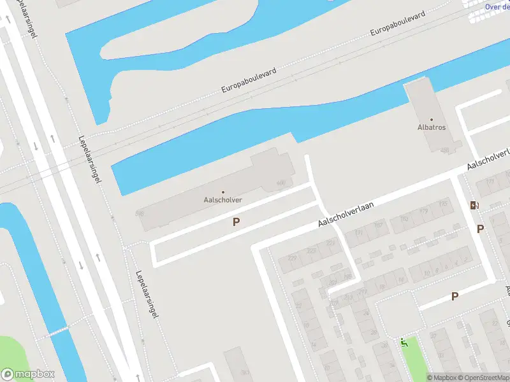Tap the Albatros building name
[x=432, y=127]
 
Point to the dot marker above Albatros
[x=432, y=119]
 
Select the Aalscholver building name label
[x=222, y=200]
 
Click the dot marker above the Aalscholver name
[x=222, y=192]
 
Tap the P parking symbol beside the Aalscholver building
[x=236, y=222]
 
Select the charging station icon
[x=473, y=205]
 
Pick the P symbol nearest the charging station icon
[x=480, y=229]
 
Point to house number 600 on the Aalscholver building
[x=280, y=183]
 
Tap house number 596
[x=140, y=213]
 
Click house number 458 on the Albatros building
[x=444, y=151]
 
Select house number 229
[x=293, y=258]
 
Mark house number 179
[x=424, y=211]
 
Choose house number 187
[x=378, y=225]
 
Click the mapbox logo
[x=28, y=374]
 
